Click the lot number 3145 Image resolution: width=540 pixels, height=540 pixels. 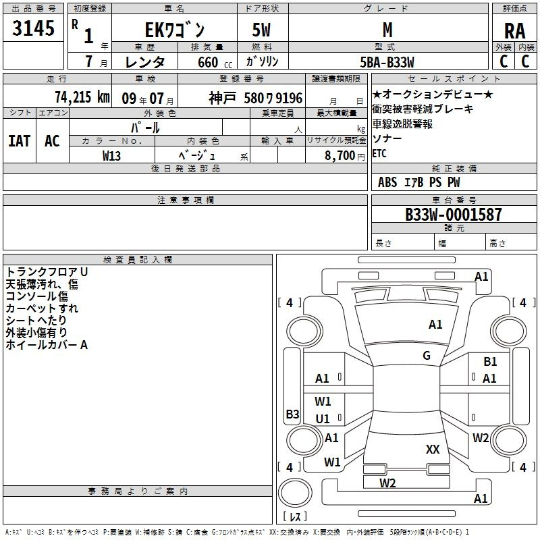click(x=33, y=28)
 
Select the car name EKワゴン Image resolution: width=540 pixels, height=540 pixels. click(x=175, y=30)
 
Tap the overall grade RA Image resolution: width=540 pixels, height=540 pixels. click(x=514, y=31)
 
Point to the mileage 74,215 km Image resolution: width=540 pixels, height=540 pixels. click(x=82, y=97)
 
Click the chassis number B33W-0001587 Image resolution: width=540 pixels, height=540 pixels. click(x=454, y=215)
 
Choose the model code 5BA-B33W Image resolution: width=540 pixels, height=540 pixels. click(x=387, y=62)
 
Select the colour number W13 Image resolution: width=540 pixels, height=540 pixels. click(x=111, y=156)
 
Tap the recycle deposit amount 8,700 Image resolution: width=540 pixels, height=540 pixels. click(x=340, y=155)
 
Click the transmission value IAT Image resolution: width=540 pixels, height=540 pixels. click(x=20, y=141)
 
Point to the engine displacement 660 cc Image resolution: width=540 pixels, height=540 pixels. click(x=215, y=62)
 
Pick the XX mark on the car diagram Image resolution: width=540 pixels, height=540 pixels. click(x=433, y=449)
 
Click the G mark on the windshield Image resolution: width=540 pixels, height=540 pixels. click(x=427, y=355)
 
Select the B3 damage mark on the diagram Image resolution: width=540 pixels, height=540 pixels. click(x=292, y=414)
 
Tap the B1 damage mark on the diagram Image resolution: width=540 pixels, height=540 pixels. click(x=490, y=362)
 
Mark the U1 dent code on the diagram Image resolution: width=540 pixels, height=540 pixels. click(x=323, y=418)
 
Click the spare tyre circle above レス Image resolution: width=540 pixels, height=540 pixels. click(x=295, y=493)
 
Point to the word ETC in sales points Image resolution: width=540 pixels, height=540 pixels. click(x=379, y=153)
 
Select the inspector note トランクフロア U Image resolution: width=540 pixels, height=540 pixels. click(x=47, y=272)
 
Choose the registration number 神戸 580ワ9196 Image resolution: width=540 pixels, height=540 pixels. click(x=256, y=98)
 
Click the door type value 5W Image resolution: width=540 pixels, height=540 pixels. click(x=261, y=30)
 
